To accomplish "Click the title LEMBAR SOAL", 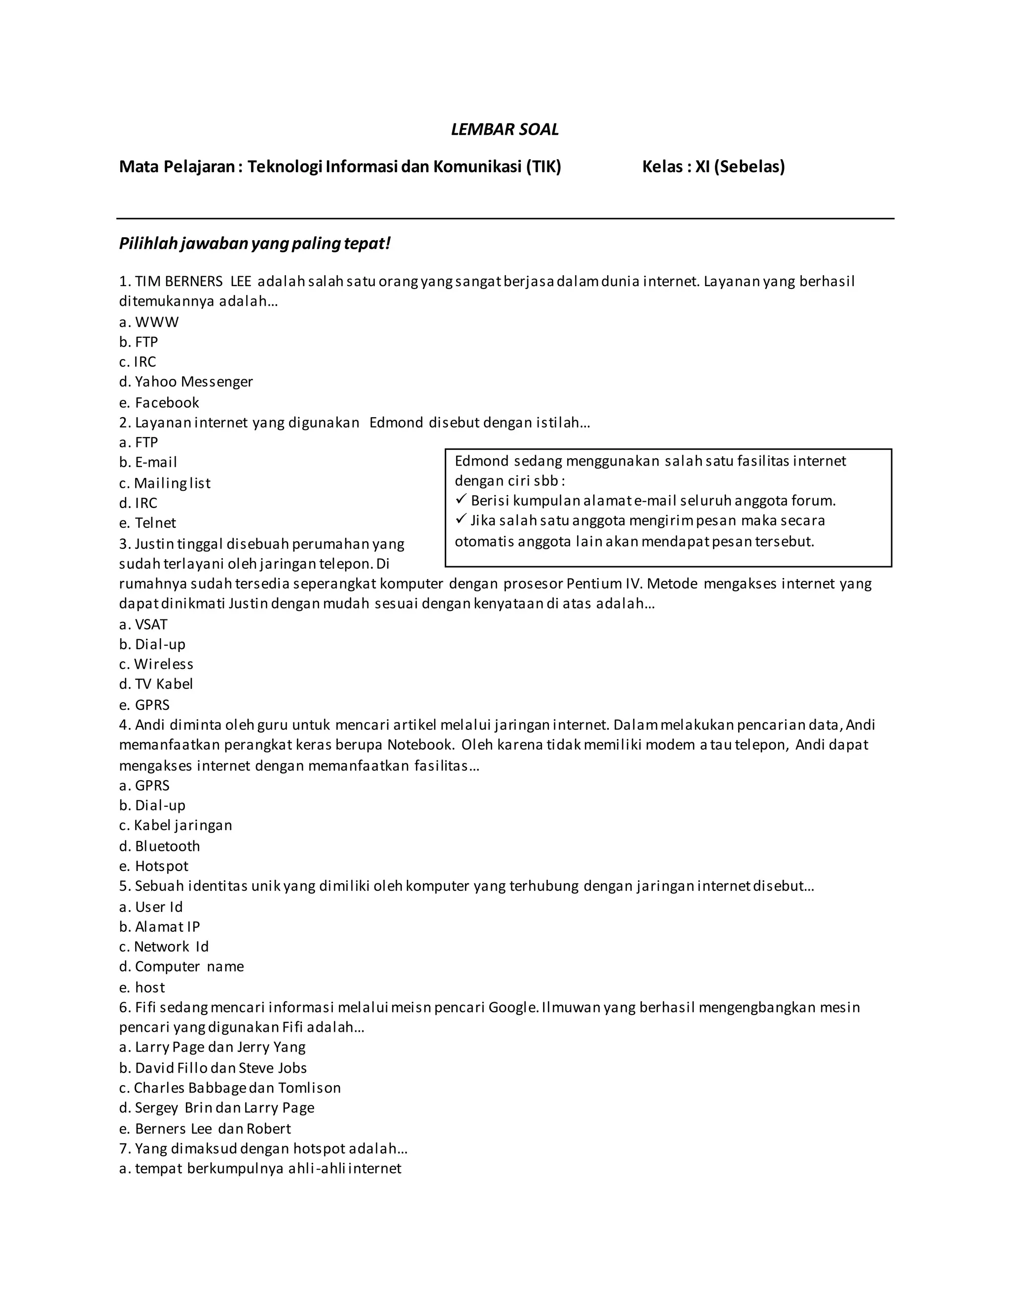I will pyautogui.click(x=505, y=130).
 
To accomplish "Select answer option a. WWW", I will pyautogui.click(x=149, y=322).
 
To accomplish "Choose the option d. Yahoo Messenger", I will pyautogui.click(x=186, y=382).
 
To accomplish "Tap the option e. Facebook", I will pyautogui.click(x=159, y=403).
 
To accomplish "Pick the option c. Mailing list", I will pyautogui.click(x=165, y=483).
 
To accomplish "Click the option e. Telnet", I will pyautogui.click(x=148, y=523).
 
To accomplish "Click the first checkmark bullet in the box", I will pyautogui.click(x=461, y=499).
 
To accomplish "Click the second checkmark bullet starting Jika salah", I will pyautogui.click(x=461, y=519).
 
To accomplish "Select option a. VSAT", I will pyautogui.click(x=144, y=624).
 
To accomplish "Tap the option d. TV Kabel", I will pyautogui.click(x=156, y=684).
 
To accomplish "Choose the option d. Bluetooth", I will pyautogui.click(x=160, y=846).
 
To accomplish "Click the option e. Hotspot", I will pyautogui.click(x=154, y=867).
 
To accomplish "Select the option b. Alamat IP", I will pyautogui.click(x=160, y=927).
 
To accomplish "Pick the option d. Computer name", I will pyautogui.click(x=182, y=967).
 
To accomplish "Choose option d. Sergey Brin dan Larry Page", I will pyautogui.click(x=216, y=1108).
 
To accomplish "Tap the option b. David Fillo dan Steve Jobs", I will pyautogui.click(x=213, y=1068).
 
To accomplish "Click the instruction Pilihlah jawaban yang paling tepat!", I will pyautogui.click(x=254, y=244).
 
